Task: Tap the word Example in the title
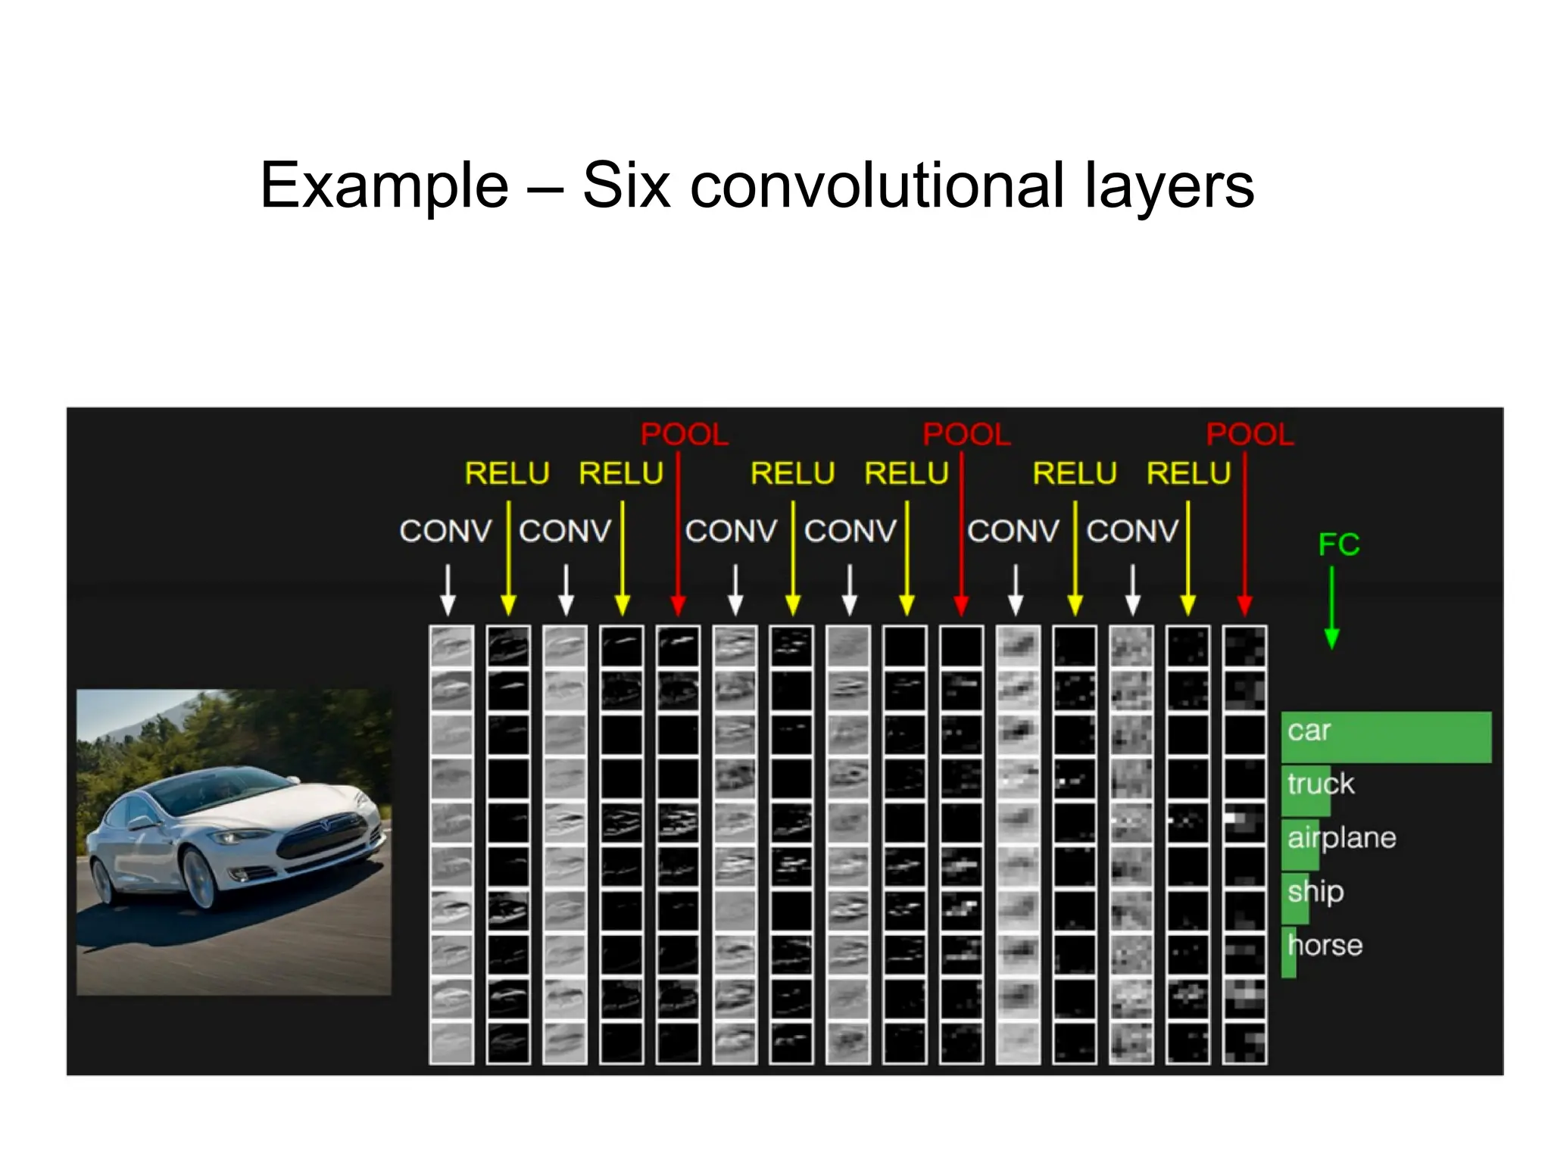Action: coord(384,186)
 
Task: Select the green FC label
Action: coord(1338,544)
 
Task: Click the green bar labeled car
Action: coord(1386,737)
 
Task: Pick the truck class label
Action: coord(1321,784)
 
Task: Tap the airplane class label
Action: coord(1341,838)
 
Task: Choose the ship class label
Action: coord(1315,892)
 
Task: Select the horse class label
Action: coord(1325,946)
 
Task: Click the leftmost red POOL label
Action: coord(684,435)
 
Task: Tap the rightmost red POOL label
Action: coord(1250,435)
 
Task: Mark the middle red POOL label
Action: coord(966,435)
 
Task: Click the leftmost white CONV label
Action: coord(445,532)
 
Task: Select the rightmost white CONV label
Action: coord(1132,532)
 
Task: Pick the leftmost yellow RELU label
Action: coord(507,474)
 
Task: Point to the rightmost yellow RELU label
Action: coord(1188,474)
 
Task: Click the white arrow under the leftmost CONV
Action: coord(448,591)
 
